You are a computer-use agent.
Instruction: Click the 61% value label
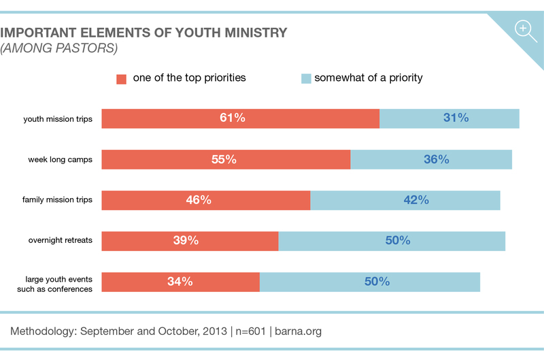(232, 118)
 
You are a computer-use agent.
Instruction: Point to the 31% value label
(456, 118)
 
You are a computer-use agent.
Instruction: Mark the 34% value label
(180, 281)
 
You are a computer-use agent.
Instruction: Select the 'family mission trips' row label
(57, 200)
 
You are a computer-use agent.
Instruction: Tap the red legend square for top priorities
(122, 78)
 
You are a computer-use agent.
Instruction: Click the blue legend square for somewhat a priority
(305, 78)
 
